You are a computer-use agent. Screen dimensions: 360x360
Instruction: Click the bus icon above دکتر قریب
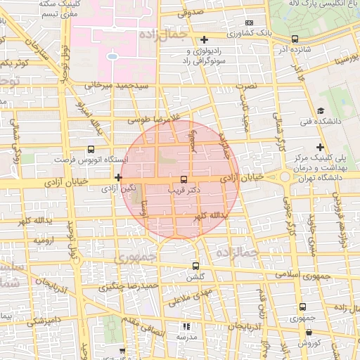coord(184,179)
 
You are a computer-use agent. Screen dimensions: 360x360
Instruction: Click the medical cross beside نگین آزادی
coord(118,179)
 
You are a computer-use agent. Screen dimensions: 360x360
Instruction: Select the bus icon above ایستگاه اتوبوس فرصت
coord(90,150)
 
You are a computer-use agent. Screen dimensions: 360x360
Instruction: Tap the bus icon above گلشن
coord(195,266)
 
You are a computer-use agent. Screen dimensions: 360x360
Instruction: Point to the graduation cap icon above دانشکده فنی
coord(321,110)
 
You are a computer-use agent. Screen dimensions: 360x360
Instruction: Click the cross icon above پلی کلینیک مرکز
coord(321,147)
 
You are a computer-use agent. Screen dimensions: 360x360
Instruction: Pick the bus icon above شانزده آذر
coord(294,39)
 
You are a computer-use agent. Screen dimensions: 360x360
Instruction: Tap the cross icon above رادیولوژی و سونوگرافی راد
coord(204,40)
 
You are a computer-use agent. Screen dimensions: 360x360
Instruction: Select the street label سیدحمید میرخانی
coord(118,85)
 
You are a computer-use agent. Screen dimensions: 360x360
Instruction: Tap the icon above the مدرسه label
coord(186,326)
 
